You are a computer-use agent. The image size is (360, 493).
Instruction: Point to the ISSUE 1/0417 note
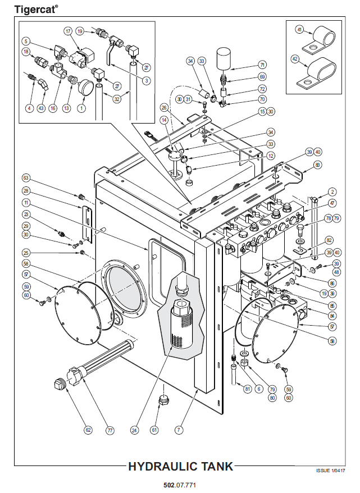(x=330, y=471)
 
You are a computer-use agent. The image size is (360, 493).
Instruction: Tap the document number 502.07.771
(x=180, y=484)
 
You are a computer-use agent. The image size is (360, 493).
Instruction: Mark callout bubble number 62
(x=88, y=430)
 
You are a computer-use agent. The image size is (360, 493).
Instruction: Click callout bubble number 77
(x=110, y=430)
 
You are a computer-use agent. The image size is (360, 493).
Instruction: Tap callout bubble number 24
(x=134, y=430)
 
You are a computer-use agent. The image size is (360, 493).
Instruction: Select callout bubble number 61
(x=154, y=430)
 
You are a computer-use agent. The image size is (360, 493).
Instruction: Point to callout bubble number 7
(x=179, y=430)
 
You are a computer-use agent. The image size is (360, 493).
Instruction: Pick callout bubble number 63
(x=26, y=178)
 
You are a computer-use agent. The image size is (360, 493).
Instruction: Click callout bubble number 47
(x=332, y=203)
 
